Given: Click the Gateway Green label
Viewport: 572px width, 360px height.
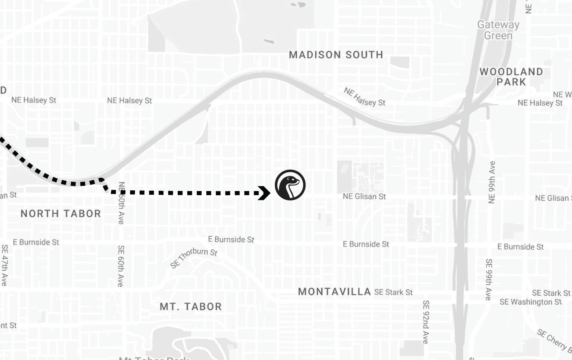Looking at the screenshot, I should pyautogui.click(x=498, y=30).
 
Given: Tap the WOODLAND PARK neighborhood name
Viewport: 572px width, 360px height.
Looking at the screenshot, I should pyautogui.click(x=511, y=77).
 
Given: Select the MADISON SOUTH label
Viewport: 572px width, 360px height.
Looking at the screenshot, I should pyautogui.click(x=336, y=55).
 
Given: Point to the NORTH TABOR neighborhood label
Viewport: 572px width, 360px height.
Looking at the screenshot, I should pyautogui.click(x=61, y=214).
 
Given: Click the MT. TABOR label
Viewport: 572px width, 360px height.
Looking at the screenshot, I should pyautogui.click(x=191, y=307).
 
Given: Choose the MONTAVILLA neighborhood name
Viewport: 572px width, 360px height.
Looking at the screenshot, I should pyautogui.click(x=334, y=292).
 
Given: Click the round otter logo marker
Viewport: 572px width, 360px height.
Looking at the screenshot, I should pyautogui.click(x=290, y=185).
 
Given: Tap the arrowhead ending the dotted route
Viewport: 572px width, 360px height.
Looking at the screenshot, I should pyautogui.click(x=264, y=193).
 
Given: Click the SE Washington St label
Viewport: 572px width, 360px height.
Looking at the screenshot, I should pyautogui.click(x=530, y=302).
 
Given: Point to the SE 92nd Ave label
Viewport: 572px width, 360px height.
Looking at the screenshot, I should pyautogui.click(x=426, y=322).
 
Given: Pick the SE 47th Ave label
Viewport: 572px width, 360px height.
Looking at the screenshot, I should pyautogui.click(x=5, y=265).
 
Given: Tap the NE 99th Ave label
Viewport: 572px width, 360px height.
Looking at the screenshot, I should pyautogui.click(x=492, y=182).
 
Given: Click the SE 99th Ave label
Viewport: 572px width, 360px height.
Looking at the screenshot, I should pyautogui.click(x=489, y=280).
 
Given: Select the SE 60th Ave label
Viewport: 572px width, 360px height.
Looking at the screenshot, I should pyautogui.click(x=121, y=266).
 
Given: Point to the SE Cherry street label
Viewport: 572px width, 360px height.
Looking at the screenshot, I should pyautogui.click(x=554, y=340).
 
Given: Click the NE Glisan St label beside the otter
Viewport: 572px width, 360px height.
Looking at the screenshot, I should pyautogui.click(x=364, y=196).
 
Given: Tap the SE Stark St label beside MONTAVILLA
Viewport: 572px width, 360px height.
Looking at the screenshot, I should pyautogui.click(x=393, y=292).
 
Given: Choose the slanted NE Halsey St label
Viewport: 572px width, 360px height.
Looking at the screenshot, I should pyautogui.click(x=364, y=97).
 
